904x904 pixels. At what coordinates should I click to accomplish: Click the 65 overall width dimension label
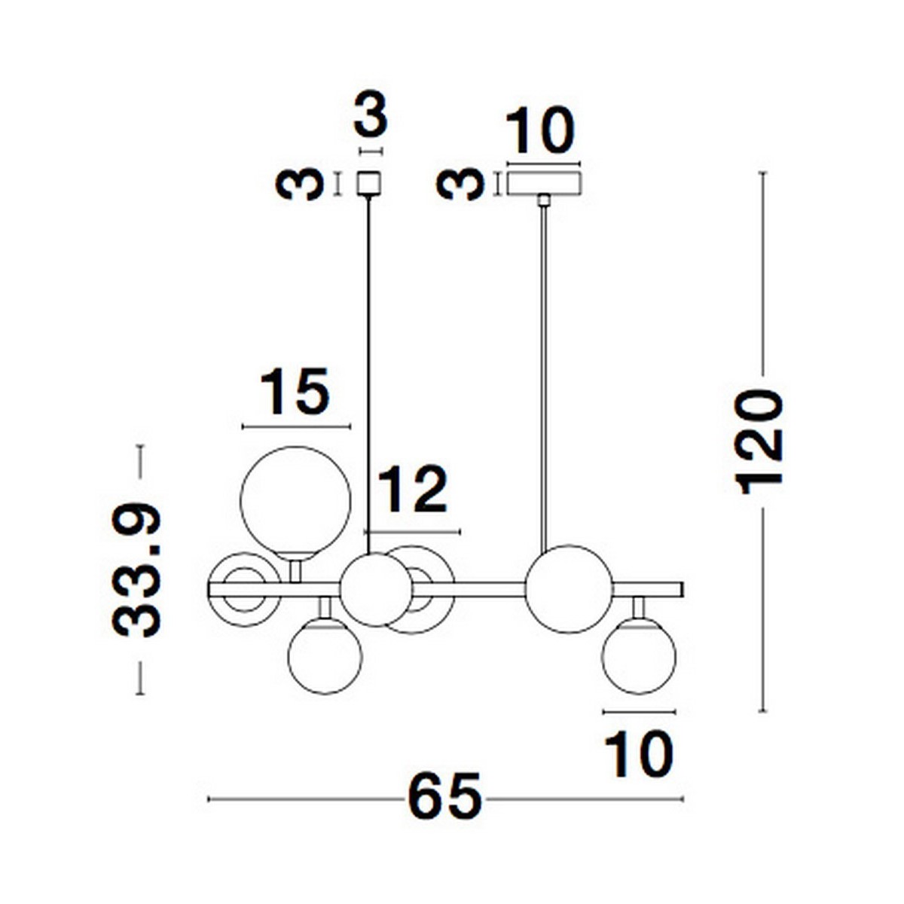(x=444, y=800)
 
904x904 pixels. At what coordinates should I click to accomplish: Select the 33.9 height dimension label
(x=137, y=570)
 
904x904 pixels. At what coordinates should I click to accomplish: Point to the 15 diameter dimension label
(x=295, y=391)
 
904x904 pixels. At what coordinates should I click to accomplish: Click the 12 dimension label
(x=412, y=490)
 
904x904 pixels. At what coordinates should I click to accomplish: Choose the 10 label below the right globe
(x=639, y=756)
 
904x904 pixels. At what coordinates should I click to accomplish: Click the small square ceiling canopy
(x=368, y=183)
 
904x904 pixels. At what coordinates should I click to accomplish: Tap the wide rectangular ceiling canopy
(x=543, y=183)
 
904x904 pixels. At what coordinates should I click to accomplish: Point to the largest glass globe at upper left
(x=295, y=503)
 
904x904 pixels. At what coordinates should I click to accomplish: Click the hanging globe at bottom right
(x=639, y=656)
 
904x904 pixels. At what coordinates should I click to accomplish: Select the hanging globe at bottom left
(x=325, y=656)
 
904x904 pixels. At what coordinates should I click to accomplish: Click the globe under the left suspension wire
(x=376, y=590)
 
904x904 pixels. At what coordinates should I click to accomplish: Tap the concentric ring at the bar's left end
(x=244, y=589)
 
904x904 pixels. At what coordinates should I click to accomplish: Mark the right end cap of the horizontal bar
(x=682, y=589)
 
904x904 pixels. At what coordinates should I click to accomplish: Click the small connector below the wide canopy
(x=544, y=201)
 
